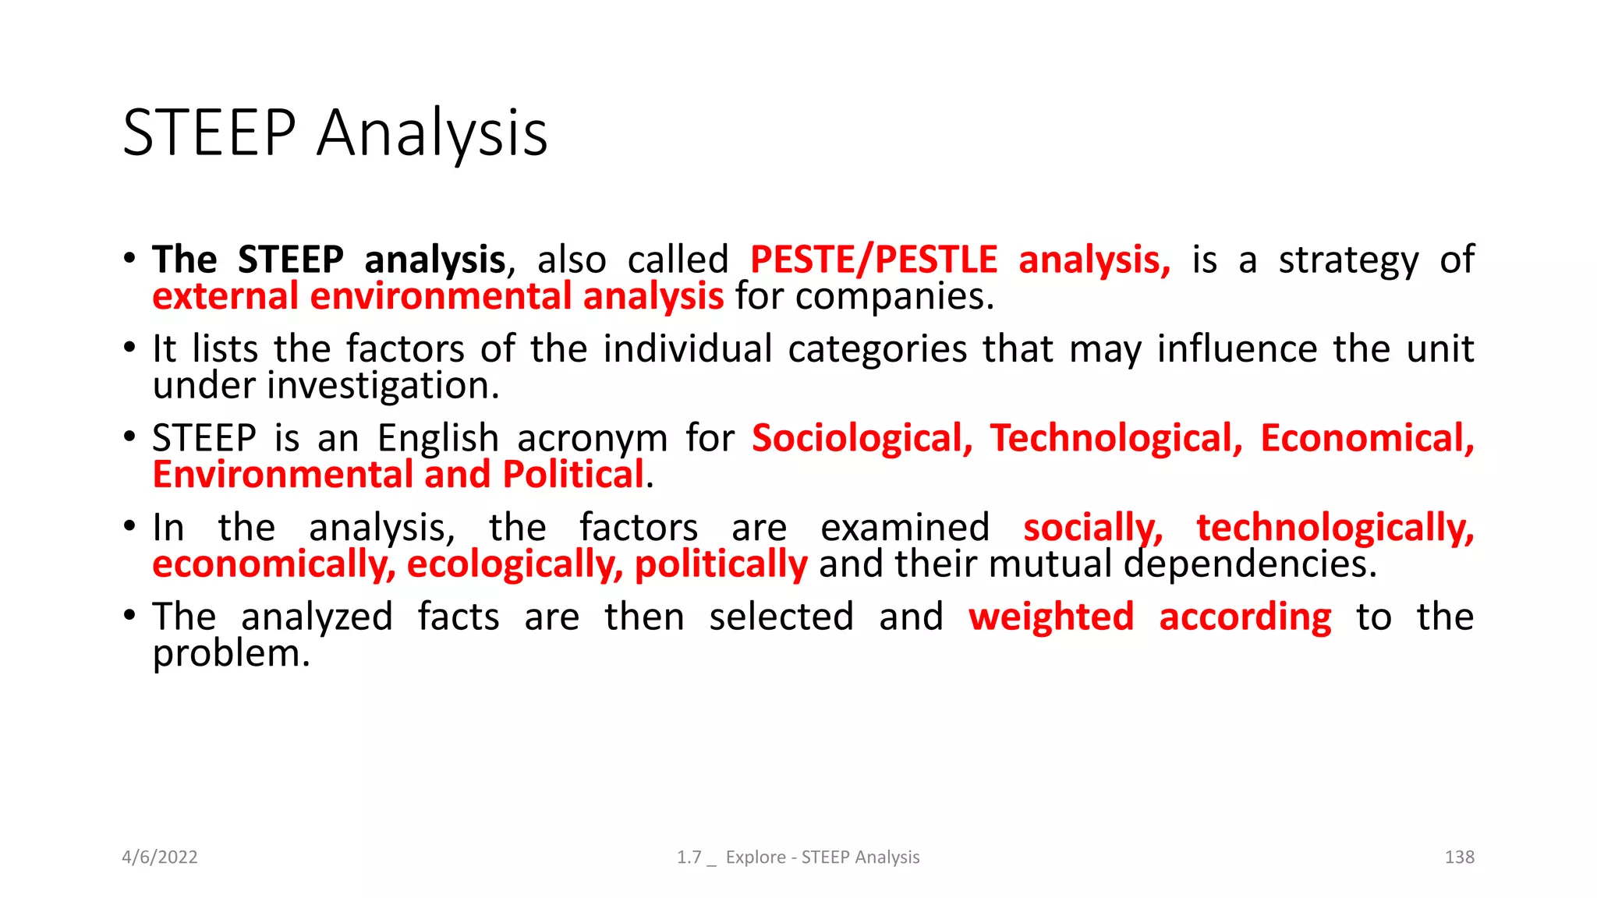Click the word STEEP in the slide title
(210, 133)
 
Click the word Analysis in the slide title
(432, 134)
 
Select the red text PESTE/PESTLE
(873, 260)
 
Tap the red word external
(225, 297)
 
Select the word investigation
(382, 386)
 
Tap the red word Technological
(1116, 438)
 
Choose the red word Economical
(1367, 438)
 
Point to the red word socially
(1092, 529)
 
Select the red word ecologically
(515, 564)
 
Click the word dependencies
(1250, 564)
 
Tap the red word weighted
(1051, 617)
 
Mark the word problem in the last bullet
(231, 654)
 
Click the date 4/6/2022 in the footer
(160, 857)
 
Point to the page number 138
(1459, 857)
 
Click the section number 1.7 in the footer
(689, 857)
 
